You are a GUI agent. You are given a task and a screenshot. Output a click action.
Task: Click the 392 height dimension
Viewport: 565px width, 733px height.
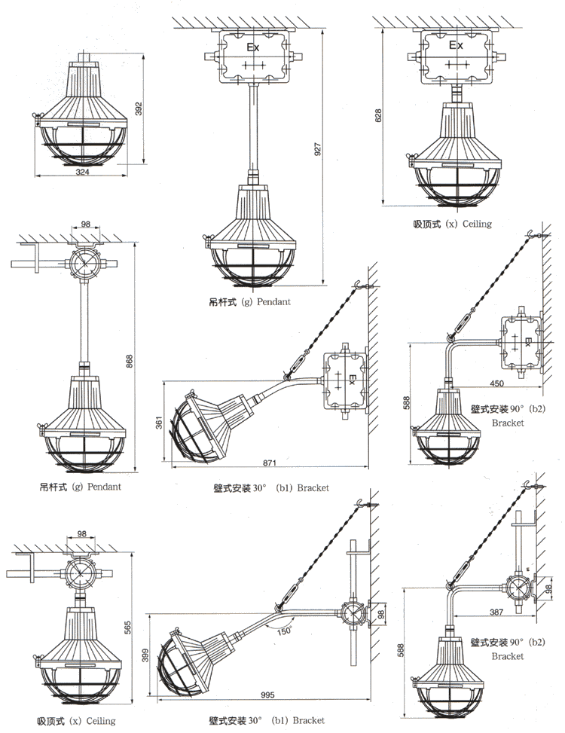pos(138,109)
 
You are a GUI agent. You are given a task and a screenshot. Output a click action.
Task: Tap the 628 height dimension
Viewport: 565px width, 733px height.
pos(379,115)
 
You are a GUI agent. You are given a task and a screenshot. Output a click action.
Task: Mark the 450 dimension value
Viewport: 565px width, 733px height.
pos(497,383)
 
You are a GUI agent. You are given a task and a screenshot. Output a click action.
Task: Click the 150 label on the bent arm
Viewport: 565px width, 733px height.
pos(283,630)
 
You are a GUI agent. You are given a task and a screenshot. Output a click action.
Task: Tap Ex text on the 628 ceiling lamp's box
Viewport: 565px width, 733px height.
pos(456,45)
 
